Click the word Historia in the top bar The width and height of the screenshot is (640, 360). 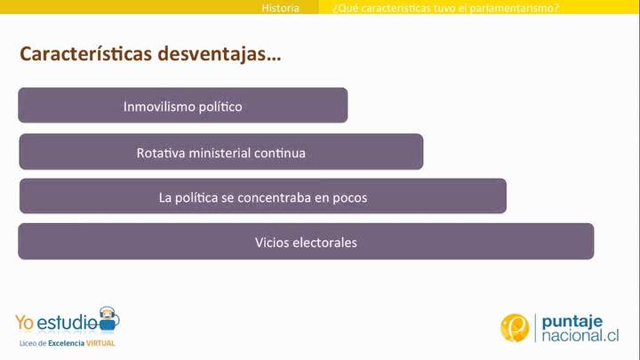pyautogui.click(x=280, y=8)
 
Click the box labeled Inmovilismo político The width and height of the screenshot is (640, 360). pyautogui.click(x=182, y=106)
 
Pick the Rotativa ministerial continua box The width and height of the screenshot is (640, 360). pyautogui.click(x=220, y=152)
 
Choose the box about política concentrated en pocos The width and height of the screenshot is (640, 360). pyautogui.click(x=262, y=197)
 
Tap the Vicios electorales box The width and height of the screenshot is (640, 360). pyautogui.click(x=305, y=242)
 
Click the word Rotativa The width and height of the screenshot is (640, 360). pyautogui.click(x=158, y=153)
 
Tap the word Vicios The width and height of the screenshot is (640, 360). pyautogui.click(x=270, y=242)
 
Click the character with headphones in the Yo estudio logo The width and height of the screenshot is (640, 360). pyautogui.click(x=108, y=316)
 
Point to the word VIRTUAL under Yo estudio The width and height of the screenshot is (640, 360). pyautogui.click(x=100, y=342)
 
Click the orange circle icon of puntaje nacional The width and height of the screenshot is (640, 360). pyautogui.click(x=515, y=328)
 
